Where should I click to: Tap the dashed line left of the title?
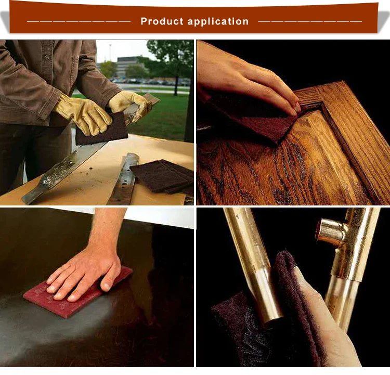78,21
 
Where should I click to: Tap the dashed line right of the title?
310,21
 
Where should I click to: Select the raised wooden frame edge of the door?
354,135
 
